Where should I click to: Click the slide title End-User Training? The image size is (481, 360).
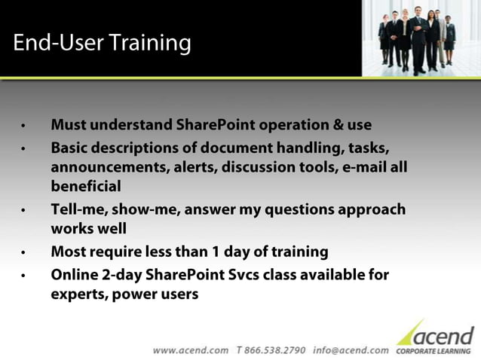tap(102, 43)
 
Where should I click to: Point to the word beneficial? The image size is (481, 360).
tap(85, 186)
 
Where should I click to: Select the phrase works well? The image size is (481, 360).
tap(88, 228)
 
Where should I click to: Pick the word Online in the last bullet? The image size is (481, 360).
tap(75, 275)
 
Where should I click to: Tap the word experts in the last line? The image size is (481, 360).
tap(78, 294)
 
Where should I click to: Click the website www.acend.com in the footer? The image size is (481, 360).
tap(191, 350)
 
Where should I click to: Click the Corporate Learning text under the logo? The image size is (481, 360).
tap(435, 351)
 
